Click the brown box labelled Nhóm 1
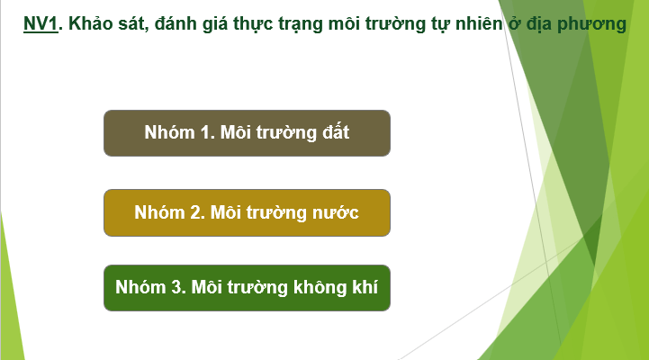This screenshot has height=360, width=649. click(247, 132)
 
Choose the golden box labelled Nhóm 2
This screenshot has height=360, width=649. click(247, 212)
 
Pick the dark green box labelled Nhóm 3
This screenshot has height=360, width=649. click(247, 288)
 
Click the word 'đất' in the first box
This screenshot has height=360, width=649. click(332, 132)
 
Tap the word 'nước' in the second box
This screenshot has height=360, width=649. click(336, 212)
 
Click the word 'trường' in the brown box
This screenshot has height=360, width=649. click(277, 132)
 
